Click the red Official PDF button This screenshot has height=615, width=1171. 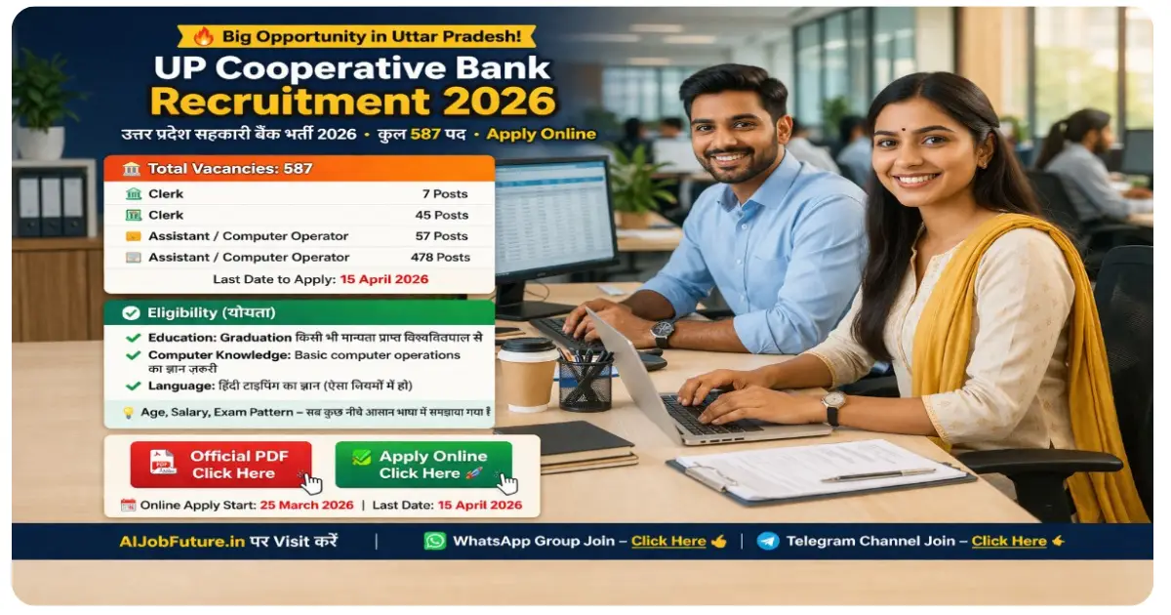[222, 464]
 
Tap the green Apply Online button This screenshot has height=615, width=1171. [424, 464]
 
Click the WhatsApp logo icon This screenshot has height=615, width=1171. [434, 541]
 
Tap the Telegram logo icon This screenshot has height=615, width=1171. [768, 541]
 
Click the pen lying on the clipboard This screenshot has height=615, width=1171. [878, 475]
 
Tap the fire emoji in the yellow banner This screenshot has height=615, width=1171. [203, 36]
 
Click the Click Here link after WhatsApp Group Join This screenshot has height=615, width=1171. [668, 541]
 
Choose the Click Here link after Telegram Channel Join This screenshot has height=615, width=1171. [1008, 541]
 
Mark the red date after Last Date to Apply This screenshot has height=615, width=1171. [384, 279]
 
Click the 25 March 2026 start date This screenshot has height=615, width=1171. [305, 506]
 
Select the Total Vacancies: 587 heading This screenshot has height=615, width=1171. [229, 168]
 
